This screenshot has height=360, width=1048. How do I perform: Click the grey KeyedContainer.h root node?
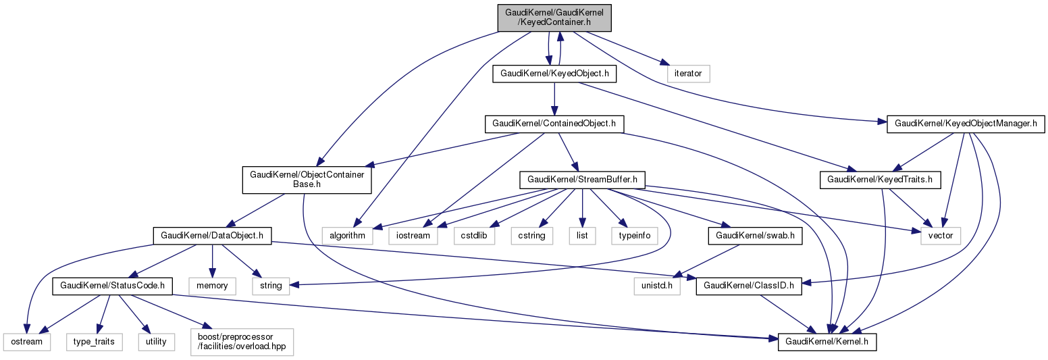click(x=554, y=16)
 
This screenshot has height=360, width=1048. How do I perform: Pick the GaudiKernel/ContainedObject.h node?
click(x=554, y=124)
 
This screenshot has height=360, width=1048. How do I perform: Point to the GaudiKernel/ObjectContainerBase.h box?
click(x=307, y=180)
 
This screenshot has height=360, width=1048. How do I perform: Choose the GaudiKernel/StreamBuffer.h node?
click(x=583, y=180)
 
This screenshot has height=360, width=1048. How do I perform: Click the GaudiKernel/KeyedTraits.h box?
click(x=880, y=180)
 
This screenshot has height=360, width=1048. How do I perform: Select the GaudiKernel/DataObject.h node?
click(x=213, y=235)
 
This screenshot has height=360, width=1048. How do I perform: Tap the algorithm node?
click(x=348, y=235)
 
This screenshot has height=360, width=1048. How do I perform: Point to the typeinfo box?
click(x=631, y=235)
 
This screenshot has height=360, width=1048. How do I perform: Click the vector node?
click(x=940, y=235)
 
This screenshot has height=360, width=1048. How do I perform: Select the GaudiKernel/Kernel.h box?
click(x=827, y=342)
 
